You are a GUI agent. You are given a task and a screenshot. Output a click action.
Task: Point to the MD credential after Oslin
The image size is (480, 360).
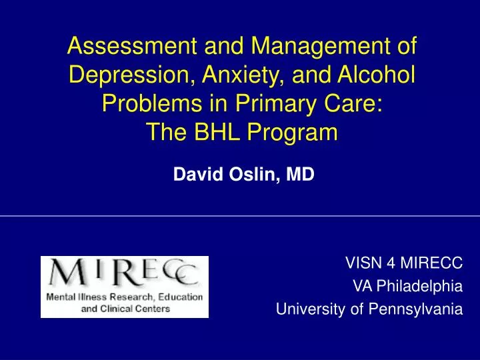click(x=300, y=175)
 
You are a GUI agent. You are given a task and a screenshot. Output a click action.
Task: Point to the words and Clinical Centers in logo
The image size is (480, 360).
click(x=125, y=309)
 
